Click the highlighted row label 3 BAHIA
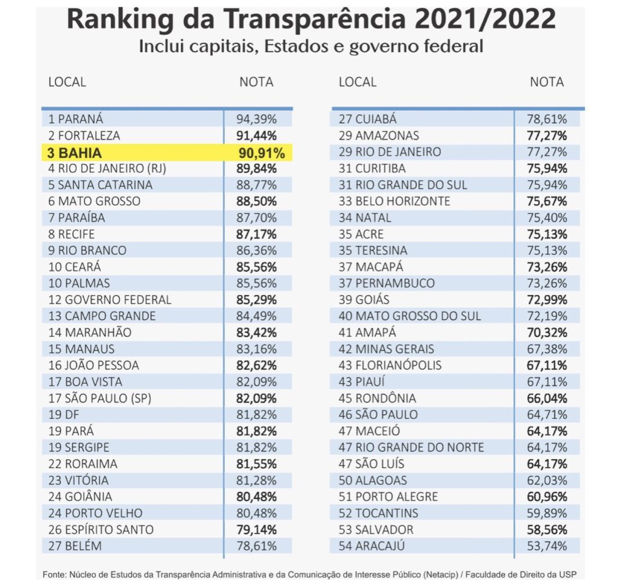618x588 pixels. coord(74,153)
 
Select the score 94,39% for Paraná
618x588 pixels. coord(256,119)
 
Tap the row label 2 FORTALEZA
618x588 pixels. coord(84,135)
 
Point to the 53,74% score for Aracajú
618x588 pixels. coord(547,546)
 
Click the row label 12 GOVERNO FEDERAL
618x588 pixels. coord(110,300)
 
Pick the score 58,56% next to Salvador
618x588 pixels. coord(547,529)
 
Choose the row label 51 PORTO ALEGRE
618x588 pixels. coord(388,496)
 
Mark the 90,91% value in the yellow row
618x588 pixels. coord(262,153)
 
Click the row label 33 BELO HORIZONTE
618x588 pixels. coord(394,201)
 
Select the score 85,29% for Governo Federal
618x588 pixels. coord(256,300)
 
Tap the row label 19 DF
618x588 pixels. coord(63,415)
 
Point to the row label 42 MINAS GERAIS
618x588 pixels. coord(386,349)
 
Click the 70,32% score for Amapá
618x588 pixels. coord(547,332)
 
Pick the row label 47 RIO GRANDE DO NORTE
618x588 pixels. coord(411,447)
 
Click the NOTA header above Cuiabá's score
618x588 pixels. coord(547,82)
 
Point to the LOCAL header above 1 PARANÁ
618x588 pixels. coord(67,82)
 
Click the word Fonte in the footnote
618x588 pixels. coord(54,574)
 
